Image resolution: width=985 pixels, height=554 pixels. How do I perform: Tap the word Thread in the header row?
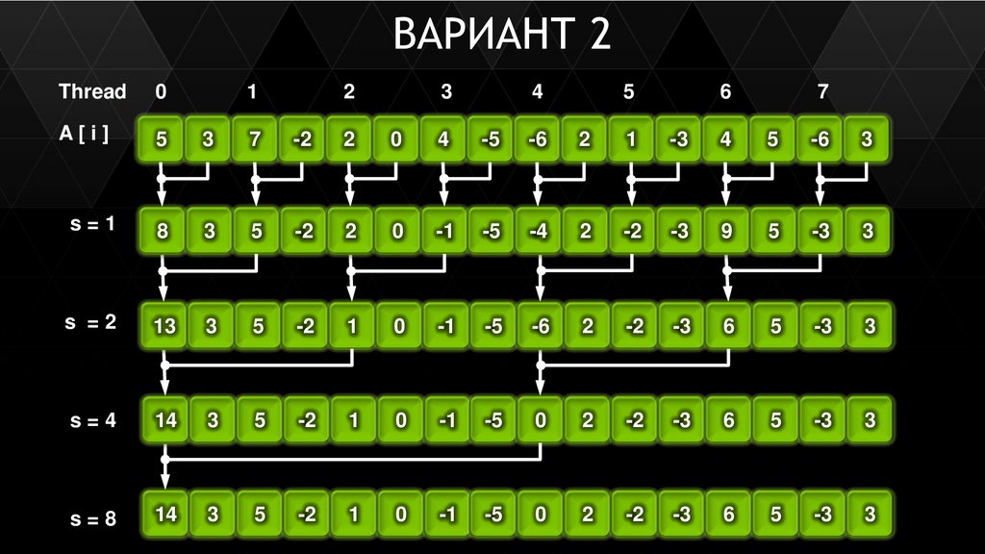coord(92,92)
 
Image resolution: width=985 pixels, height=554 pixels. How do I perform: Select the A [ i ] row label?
coord(84,136)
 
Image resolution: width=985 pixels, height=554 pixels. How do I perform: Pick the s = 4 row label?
coord(92,421)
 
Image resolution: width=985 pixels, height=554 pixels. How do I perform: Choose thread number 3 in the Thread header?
coord(445,92)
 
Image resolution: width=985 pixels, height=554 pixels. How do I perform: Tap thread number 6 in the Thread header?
coord(725,92)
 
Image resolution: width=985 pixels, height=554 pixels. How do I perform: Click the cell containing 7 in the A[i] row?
coord(256,139)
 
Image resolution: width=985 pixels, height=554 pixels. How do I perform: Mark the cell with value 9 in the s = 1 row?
coord(725,231)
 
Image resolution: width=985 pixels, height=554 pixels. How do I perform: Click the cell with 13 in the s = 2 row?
coord(164,326)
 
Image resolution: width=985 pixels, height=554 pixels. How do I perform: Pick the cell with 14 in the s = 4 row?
coord(165,420)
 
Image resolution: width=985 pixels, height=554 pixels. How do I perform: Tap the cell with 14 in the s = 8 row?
coord(165,515)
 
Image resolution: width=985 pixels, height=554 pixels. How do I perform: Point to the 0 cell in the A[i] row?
coord(396,139)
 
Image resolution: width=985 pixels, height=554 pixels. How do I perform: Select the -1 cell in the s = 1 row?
coord(443,231)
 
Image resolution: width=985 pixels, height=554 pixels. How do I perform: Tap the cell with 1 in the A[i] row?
coord(632,139)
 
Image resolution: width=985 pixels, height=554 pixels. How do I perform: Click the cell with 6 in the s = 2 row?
coord(728,326)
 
